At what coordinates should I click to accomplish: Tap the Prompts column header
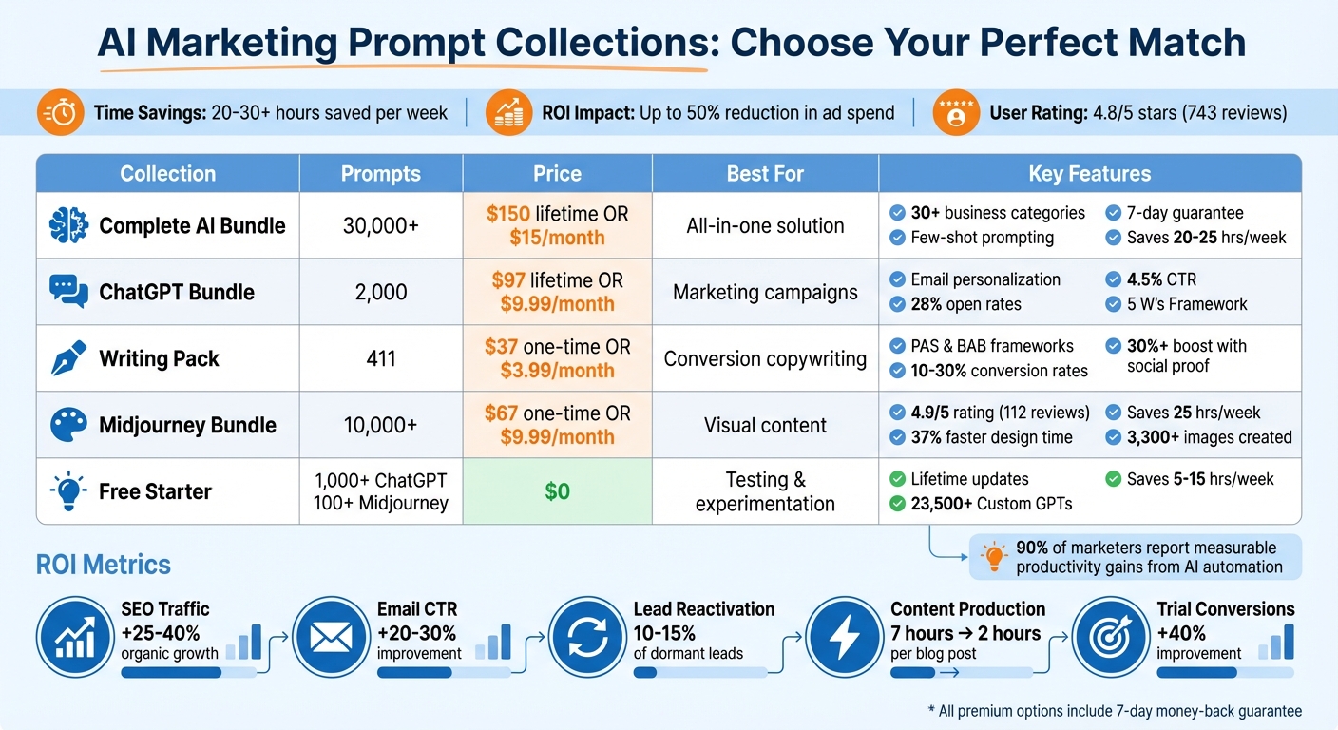tap(380, 174)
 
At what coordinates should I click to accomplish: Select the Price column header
tap(557, 174)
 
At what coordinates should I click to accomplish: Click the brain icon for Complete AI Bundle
tap(67, 225)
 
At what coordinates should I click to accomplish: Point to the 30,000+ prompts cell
tap(380, 225)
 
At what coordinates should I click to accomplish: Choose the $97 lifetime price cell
tap(557, 292)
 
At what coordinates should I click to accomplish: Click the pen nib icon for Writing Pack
tap(67, 358)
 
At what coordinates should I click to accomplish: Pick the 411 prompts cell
tap(380, 358)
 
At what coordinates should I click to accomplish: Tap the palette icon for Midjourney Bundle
tap(67, 425)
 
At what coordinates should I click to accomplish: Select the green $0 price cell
tap(557, 491)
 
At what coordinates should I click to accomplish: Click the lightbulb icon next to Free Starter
tap(67, 491)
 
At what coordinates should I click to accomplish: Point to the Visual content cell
tap(765, 425)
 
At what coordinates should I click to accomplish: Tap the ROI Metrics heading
tap(103, 565)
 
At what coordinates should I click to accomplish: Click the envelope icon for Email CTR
tap(331, 637)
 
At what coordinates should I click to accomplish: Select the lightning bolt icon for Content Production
tap(844, 637)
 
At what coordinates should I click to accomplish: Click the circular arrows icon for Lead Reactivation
tap(587, 637)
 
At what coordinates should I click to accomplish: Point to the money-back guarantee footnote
tap(1114, 711)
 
